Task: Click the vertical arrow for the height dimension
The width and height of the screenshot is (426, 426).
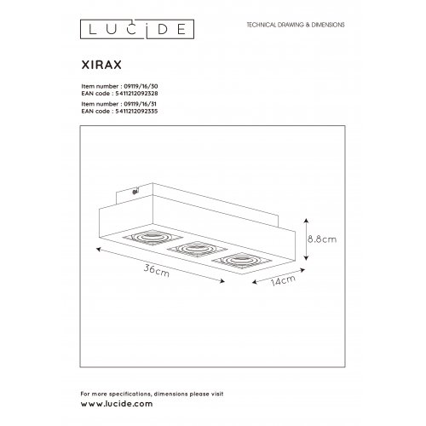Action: click(x=305, y=239)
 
